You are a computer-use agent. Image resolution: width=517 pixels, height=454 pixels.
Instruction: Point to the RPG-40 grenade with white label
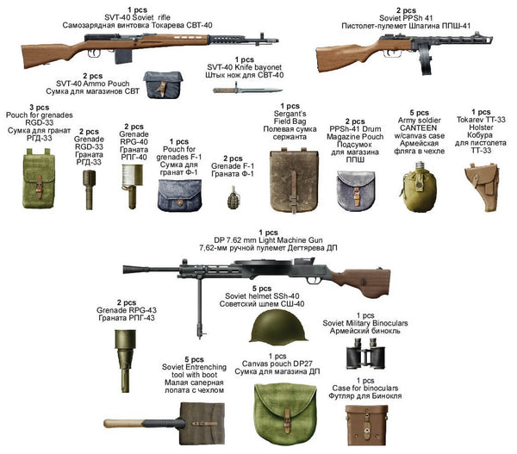point(133,180)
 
